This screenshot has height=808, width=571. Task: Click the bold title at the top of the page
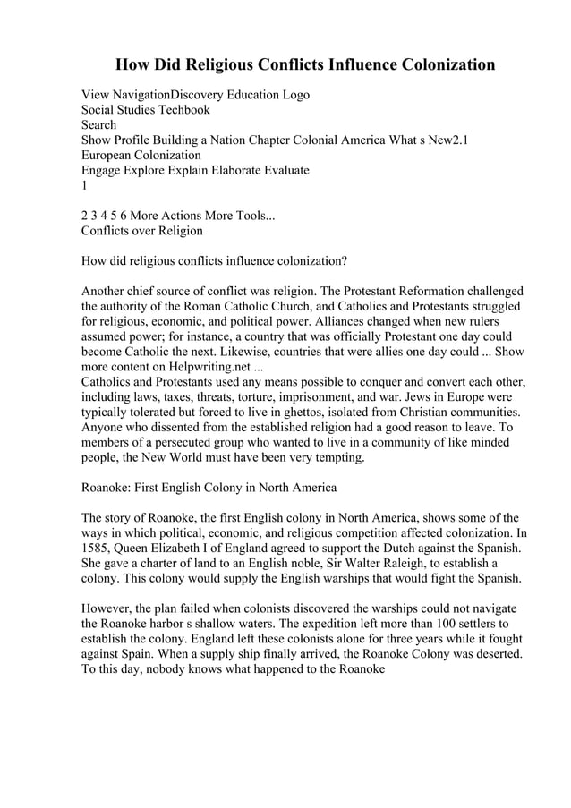click(304, 64)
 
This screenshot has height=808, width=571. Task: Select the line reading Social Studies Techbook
click(146, 110)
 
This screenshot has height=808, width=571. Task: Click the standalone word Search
click(98, 125)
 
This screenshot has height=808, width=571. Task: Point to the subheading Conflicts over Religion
click(142, 231)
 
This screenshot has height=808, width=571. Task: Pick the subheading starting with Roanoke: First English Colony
click(209, 488)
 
